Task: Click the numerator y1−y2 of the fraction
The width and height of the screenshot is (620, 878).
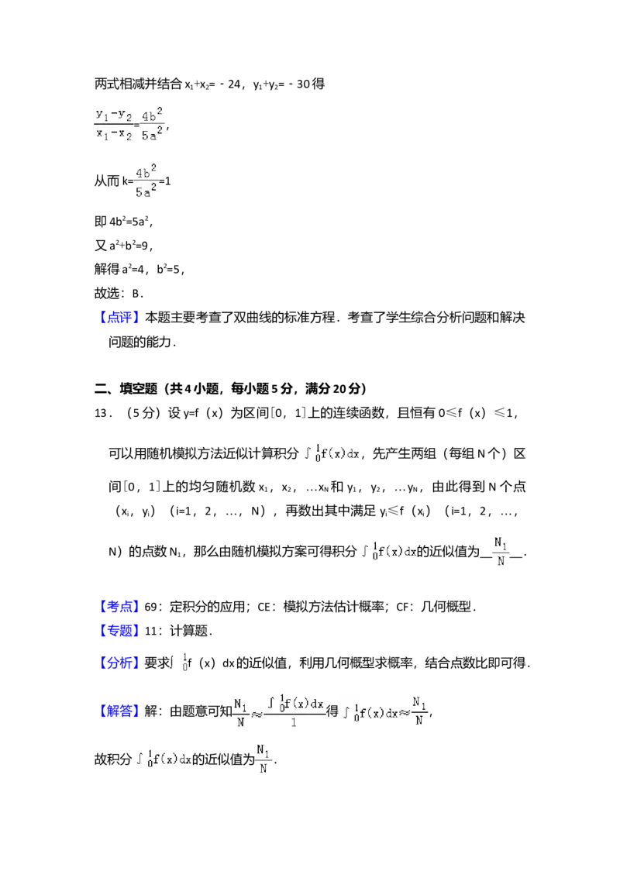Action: point(113,114)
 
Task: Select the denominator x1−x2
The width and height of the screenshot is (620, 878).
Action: point(113,133)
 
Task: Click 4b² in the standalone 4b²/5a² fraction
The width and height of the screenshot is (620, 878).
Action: point(146,172)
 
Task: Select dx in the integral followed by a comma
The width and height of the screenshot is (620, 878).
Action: point(353,455)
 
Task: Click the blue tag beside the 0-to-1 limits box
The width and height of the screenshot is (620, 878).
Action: point(120,661)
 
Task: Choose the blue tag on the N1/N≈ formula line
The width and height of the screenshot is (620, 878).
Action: point(120,711)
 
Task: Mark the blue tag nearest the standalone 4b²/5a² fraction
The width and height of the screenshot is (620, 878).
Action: point(120,318)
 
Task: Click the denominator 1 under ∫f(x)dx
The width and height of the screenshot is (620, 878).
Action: point(294,721)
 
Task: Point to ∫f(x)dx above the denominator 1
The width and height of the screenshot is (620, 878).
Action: point(294,703)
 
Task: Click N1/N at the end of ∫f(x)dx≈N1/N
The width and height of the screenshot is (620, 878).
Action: point(419,710)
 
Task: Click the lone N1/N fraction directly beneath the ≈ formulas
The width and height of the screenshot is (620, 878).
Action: point(263,760)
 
